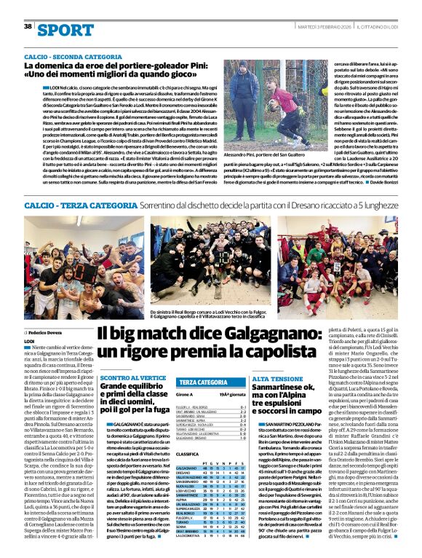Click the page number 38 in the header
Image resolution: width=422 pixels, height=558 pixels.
pyautogui.click(x=28, y=26)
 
